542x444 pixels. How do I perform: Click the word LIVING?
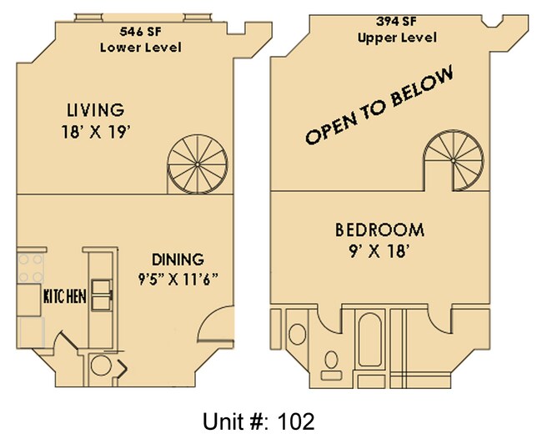(95, 110)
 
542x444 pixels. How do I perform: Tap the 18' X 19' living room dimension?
(95, 131)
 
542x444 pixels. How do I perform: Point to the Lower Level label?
(140, 48)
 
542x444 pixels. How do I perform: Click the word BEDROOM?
(379, 230)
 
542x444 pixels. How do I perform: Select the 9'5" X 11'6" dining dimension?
(178, 280)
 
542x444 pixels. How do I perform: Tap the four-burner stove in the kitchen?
(32, 269)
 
